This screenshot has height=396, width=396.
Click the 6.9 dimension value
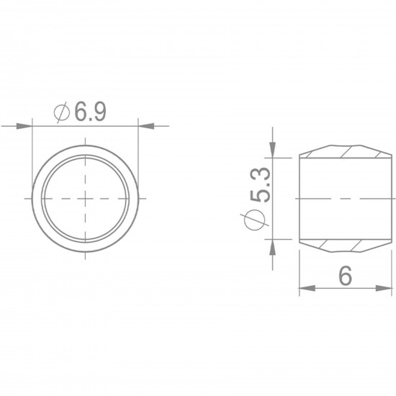click(x=91, y=112)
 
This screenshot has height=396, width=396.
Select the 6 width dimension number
click(x=345, y=276)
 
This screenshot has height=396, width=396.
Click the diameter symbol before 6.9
click(x=62, y=112)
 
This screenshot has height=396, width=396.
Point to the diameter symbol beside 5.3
click(x=255, y=220)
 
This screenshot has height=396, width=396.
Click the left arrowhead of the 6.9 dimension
click(x=24, y=126)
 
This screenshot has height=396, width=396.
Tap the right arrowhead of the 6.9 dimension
click(x=146, y=126)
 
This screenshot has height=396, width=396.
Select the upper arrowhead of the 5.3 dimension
click(x=272, y=150)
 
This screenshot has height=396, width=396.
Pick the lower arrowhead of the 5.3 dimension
click(x=272, y=247)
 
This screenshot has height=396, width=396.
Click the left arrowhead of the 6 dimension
click(x=307, y=288)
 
